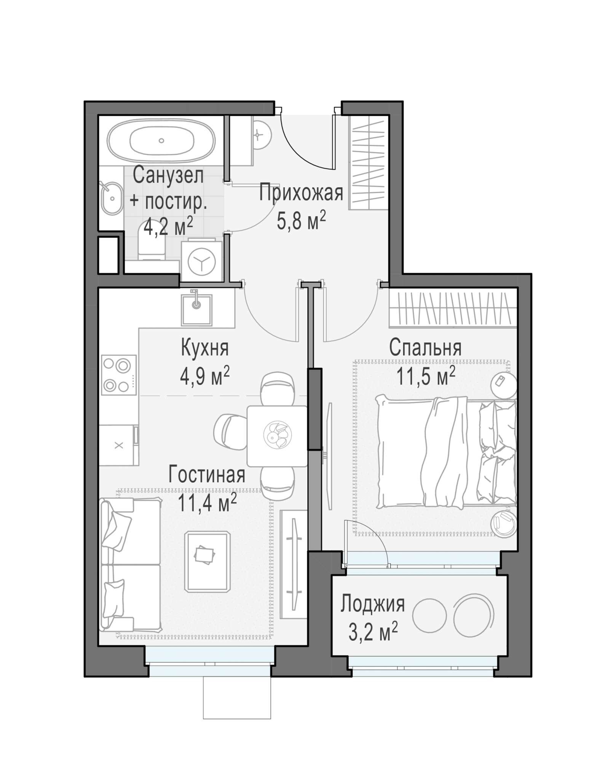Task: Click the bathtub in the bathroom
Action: click(161, 141)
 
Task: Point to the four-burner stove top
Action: click(119, 375)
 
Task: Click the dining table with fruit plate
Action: click(277, 436)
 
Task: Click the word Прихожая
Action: click(301, 193)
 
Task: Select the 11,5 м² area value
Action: click(426, 376)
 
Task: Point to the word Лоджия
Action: click(373, 604)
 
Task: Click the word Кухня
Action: click(205, 347)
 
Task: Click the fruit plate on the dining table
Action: click(278, 435)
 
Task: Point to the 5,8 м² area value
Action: click(301, 221)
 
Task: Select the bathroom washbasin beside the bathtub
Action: click(111, 198)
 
